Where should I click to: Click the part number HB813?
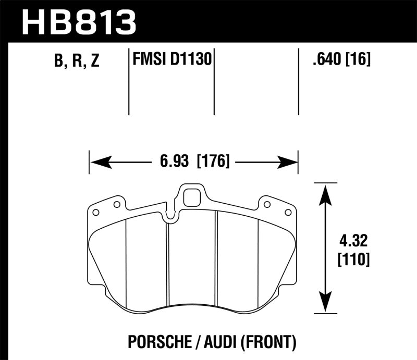click(78, 22)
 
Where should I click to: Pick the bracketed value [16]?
click(357, 60)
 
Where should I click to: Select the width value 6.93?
click(175, 162)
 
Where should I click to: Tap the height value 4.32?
click(354, 241)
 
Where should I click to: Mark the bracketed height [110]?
click(354, 259)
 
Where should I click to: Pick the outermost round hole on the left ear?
click(95, 213)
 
